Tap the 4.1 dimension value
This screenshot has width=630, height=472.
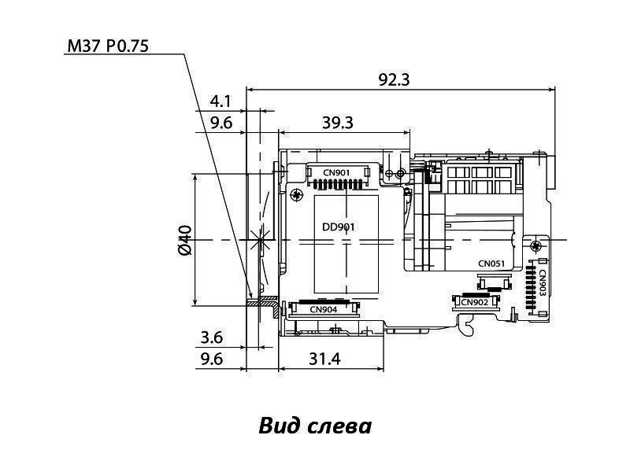point(220,101)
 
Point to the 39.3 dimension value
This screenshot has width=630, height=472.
point(338,122)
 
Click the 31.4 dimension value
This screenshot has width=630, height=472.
point(324,359)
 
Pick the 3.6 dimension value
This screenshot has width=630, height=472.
point(212,337)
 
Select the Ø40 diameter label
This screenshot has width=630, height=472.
point(185,240)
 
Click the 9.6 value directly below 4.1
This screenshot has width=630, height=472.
point(220,122)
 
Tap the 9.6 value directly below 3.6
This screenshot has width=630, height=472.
point(212,359)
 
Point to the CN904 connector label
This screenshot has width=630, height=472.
point(324,309)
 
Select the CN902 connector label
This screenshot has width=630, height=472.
point(474,301)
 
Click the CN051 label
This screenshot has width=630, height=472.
point(491,264)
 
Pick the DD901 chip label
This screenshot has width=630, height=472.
point(339,227)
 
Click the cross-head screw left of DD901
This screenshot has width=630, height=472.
point(295,194)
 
